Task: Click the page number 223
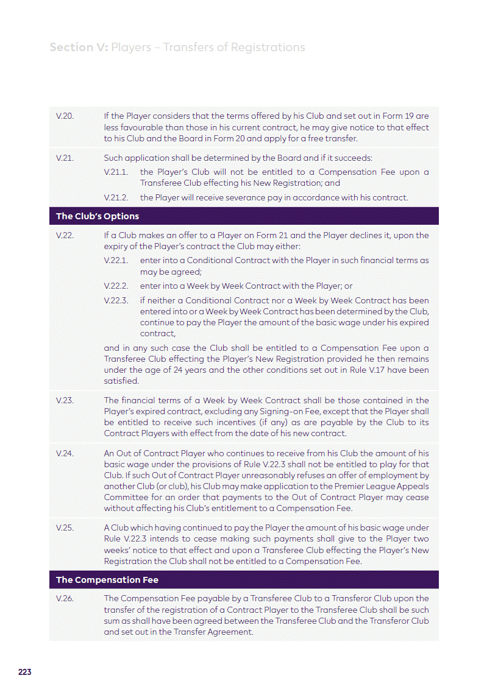point(24,672)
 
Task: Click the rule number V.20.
point(65,116)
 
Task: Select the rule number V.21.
point(65,158)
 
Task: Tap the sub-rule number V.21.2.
point(116,197)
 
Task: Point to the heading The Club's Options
point(98,216)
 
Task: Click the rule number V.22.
point(65,235)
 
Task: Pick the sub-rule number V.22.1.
point(116,261)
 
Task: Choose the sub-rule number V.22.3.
point(116,300)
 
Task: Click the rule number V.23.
point(65,400)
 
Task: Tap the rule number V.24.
point(65,453)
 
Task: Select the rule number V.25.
point(65,528)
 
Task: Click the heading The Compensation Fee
point(107,580)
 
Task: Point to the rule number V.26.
point(65,599)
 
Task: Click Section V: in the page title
point(78,48)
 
